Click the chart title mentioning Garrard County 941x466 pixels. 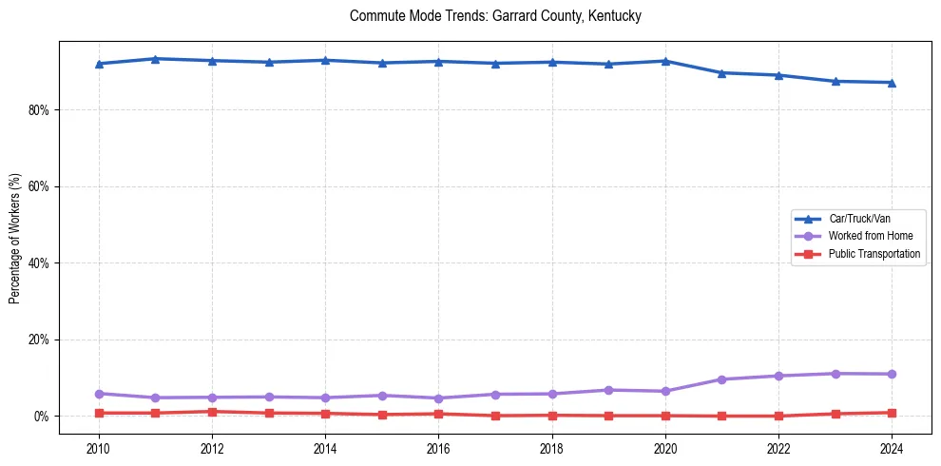[x=495, y=16]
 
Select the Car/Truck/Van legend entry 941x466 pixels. [x=858, y=219]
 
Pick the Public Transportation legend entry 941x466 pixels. [x=874, y=254]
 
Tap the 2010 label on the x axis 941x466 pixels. [x=99, y=448]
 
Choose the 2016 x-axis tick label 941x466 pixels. [x=438, y=448]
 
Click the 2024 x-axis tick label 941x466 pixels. [x=891, y=448]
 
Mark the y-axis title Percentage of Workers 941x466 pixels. [x=15, y=238]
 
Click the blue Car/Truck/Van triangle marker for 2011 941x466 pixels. [x=156, y=59]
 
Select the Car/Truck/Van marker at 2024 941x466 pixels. [x=891, y=83]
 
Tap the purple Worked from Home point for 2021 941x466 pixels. [x=721, y=379]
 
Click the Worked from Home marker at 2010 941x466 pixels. [x=99, y=394]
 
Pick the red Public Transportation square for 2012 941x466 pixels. [x=212, y=412]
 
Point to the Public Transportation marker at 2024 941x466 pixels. [x=891, y=413]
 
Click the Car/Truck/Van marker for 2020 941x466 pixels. [x=665, y=61]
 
